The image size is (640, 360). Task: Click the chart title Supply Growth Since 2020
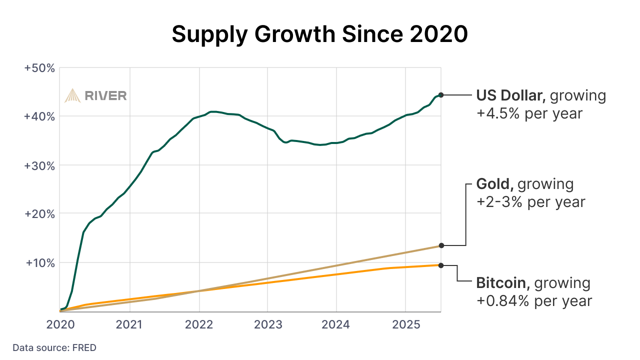[320, 34]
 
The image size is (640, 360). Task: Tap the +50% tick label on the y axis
[39, 67]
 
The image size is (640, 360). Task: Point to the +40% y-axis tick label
[39, 116]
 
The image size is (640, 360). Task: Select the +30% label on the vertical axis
[39, 165]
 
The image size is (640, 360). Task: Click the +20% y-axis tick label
[39, 213]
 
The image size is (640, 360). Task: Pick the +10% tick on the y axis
[39, 262]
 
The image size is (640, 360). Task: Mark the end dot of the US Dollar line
[441, 95]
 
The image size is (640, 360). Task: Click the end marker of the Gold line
[441, 245]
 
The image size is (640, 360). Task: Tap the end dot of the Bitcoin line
[441, 265]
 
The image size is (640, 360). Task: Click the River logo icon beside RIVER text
[72, 95]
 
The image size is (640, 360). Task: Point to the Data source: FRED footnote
[54, 347]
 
